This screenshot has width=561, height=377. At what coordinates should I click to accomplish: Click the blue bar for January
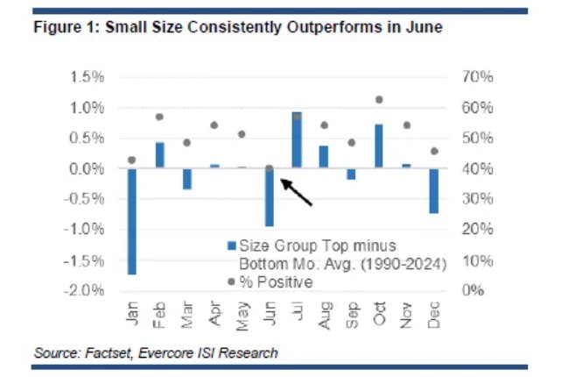click(x=132, y=221)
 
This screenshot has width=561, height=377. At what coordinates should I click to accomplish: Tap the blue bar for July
click(x=297, y=139)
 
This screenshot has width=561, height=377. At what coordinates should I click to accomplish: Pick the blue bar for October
click(x=379, y=146)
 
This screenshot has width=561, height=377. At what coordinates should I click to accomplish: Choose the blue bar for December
click(x=433, y=190)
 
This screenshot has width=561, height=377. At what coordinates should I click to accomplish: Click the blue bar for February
click(x=160, y=154)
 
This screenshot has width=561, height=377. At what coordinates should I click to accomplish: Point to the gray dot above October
click(x=379, y=100)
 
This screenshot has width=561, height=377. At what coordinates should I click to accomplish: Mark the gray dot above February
click(x=160, y=117)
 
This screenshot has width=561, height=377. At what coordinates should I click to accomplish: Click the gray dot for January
click(x=132, y=160)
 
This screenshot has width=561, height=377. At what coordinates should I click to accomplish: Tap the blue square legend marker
click(x=231, y=245)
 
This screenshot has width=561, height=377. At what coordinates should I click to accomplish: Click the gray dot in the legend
click(x=231, y=281)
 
